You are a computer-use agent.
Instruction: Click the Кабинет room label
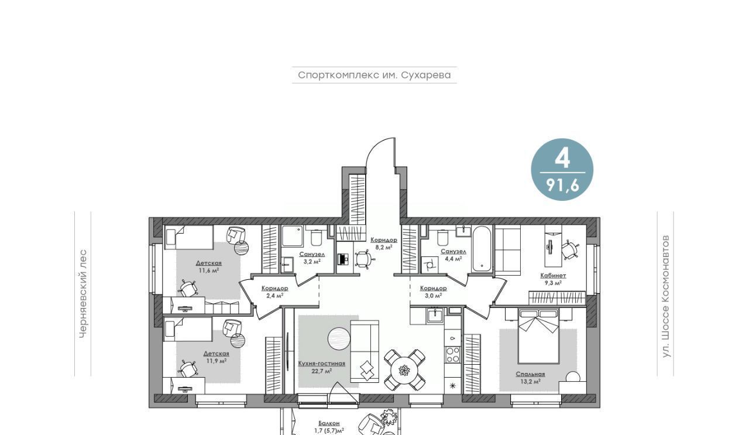tap(553, 276)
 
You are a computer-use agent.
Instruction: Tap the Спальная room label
tap(530, 375)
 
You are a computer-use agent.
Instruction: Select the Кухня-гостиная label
tap(322, 364)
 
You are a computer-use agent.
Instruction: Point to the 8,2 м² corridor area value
tap(384, 248)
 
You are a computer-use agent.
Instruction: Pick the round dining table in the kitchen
tap(404, 370)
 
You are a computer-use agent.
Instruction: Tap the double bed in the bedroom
tap(538, 336)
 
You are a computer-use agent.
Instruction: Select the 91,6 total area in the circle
tap(562, 185)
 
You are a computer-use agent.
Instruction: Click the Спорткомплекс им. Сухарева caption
tap(374, 75)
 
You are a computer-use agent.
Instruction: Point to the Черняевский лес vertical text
tap(83, 294)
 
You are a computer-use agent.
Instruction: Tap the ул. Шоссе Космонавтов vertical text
tap(666, 296)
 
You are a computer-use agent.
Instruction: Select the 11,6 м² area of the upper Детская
tap(209, 270)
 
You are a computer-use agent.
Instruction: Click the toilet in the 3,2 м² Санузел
tap(315, 236)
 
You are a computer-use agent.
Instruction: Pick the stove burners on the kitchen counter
tap(453, 355)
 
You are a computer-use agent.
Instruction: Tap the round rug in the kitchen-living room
tap(339, 339)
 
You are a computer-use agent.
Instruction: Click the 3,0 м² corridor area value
tap(434, 296)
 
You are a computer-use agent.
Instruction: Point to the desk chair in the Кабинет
tap(570, 249)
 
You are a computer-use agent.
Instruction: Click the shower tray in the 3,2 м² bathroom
tap(292, 237)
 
